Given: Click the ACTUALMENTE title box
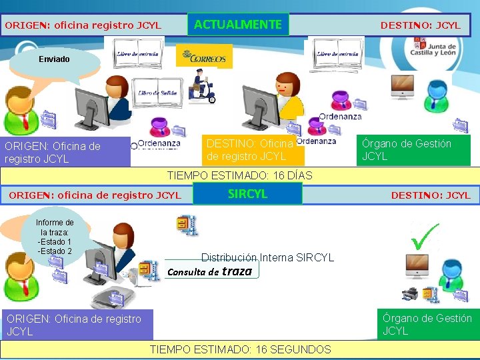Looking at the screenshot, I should coord(238,25).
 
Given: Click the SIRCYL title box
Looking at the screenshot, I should coord(247,194).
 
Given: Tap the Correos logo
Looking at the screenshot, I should coord(205,57).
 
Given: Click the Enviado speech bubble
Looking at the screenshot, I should coord(54,59).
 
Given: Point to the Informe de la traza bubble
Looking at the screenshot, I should coord(55,237).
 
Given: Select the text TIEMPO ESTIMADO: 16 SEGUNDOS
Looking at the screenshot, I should coord(240,349).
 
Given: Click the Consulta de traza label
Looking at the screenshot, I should coord(210,271).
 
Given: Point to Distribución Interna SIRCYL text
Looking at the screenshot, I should coord(267,257).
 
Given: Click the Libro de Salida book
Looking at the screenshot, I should coord(157,94).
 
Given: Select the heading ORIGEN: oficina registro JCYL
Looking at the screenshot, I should coord(83,25).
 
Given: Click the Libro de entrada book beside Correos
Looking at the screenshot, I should coord(138,53).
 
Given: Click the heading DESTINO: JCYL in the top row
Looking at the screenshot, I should coord(420,25).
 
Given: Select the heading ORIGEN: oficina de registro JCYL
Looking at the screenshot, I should coord(94,195).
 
